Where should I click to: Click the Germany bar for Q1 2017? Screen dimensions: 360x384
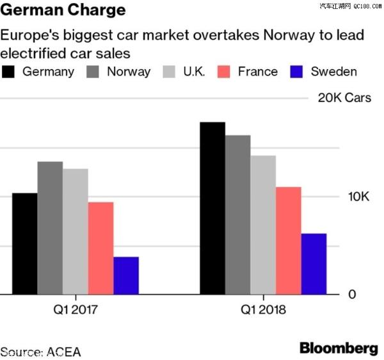[x=25, y=243]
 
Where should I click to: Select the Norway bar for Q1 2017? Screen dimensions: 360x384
[x=50, y=228]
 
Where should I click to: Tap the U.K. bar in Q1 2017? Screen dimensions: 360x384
[x=76, y=231]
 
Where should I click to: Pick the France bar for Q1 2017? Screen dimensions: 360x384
[x=100, y=249]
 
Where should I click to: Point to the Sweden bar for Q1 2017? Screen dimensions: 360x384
[x=126, y=275]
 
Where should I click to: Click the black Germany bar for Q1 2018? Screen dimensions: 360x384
[x=212, y=208]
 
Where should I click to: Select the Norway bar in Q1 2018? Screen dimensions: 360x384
[x=238, y=215]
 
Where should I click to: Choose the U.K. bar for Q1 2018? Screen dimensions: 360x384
[x=263, y=225]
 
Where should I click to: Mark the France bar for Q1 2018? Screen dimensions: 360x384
[x=289, y=241]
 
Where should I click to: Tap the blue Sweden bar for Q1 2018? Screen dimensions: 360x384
[x=314, y=264]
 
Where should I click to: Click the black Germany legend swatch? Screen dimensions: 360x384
[x=10, y=71]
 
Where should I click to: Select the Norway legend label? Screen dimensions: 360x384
[x=129, y=72]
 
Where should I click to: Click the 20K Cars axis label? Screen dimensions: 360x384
[x=344, y=98]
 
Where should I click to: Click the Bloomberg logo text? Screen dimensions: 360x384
[x=339, y=348]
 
